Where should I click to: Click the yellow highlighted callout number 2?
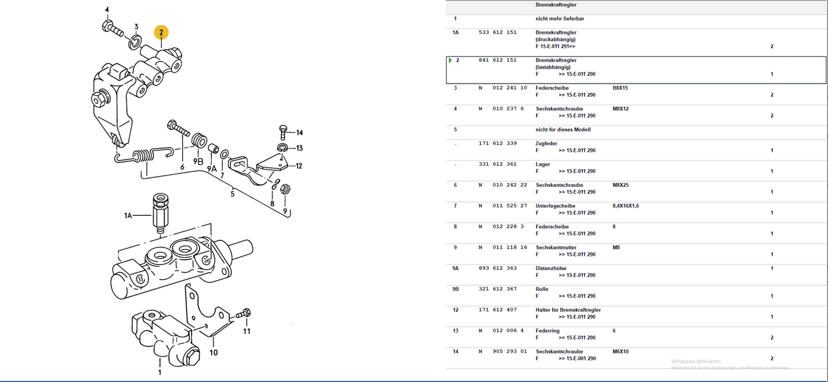coord(161,33)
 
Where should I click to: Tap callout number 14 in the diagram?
coord(300,133)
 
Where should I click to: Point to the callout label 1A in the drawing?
coord(128,215)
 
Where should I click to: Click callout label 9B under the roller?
coord(198,161)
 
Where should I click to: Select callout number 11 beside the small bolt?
coord(246,331)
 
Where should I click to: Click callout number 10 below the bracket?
coord(214,352)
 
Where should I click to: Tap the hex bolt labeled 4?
coord(112,28)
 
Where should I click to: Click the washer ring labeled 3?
coord(135,42)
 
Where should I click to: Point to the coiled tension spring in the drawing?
coord(144,155)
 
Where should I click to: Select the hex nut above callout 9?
coord(285,189)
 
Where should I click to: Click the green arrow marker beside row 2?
coord(450,60)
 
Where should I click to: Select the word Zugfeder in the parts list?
coord(546,143)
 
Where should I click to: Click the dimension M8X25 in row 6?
coord(620,185)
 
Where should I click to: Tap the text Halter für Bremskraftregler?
coord(568,310)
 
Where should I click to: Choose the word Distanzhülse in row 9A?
coord(551,269)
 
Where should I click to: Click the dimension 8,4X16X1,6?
coord(626,206)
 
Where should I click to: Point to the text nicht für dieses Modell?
coord(563,130)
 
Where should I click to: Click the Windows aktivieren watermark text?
coord(696,361)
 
